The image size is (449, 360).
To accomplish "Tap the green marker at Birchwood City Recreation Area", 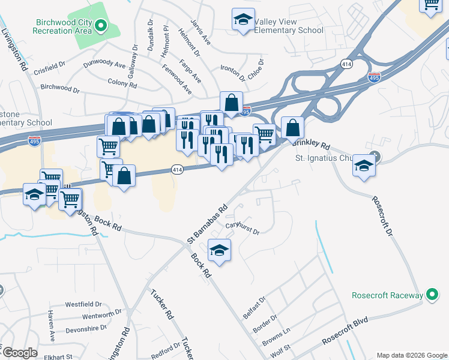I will tap(101, 26).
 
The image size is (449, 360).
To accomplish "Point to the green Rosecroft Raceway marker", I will tap(430, 295).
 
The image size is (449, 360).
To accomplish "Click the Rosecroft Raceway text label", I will tap(388, 295).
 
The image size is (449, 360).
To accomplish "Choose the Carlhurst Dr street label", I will tap(242, 229).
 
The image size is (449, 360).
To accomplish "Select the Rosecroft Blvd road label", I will tap(345, 331).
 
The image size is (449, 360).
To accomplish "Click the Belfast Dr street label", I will tap(254, 309).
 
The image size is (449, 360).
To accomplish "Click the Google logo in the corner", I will tap(20, 353).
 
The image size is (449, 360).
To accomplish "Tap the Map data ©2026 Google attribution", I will tap(412, 355).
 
